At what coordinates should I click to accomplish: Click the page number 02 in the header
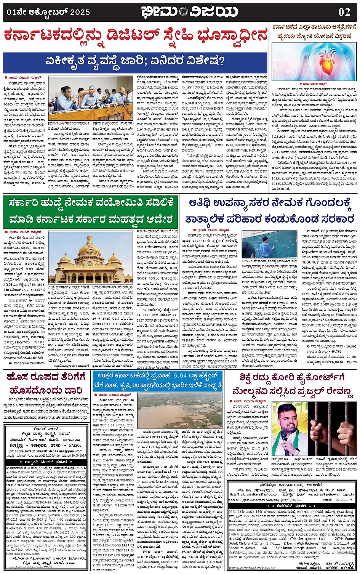click(344, 12)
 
